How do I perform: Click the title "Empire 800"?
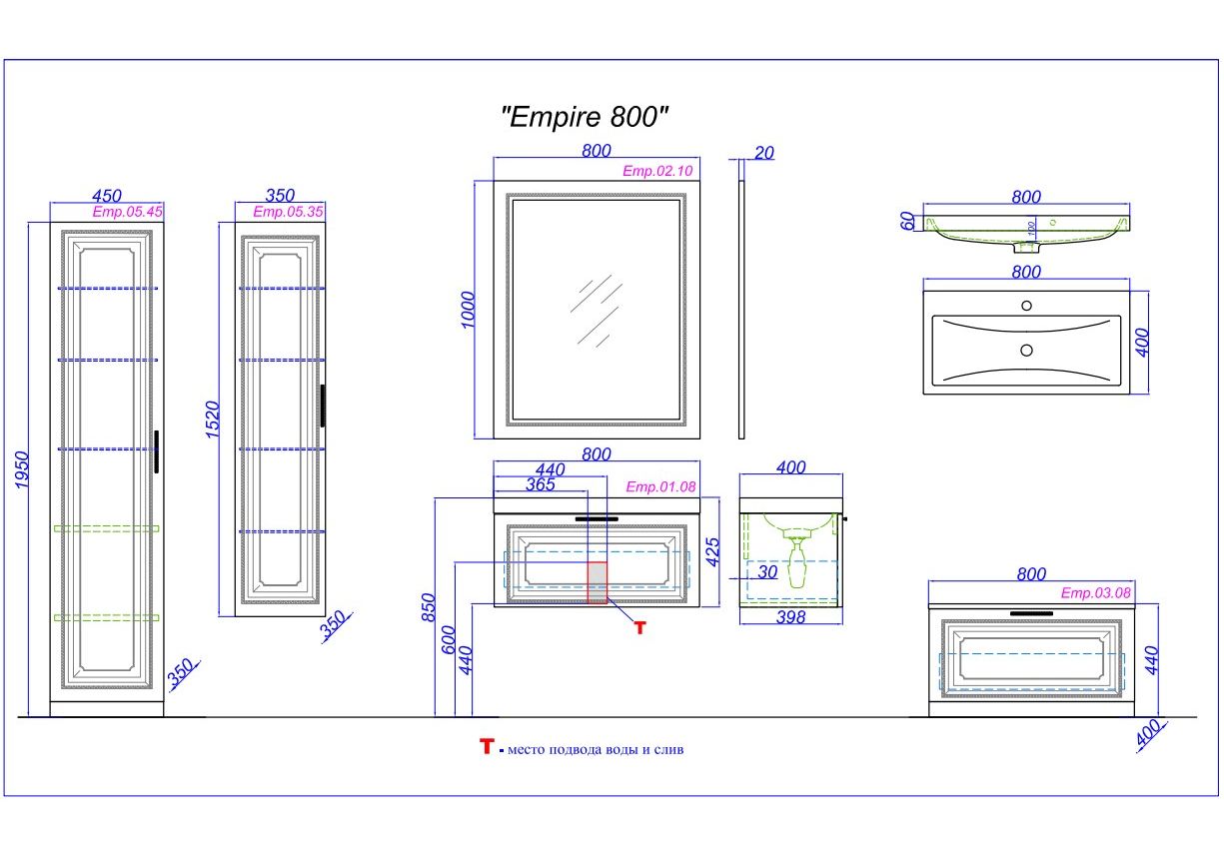[584, 117]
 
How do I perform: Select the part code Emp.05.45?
[127, 212]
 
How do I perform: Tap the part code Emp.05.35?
[288, 212]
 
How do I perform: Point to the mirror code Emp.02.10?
[657, 171]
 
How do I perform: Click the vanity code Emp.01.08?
[659, 486]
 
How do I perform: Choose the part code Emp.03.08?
[1095, 592]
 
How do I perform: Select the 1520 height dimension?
[212, 421]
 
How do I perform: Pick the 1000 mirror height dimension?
[469, 311]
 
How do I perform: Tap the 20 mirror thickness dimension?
[764, 153]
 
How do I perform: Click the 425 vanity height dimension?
[712, 550]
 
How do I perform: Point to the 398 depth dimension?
[790, 617]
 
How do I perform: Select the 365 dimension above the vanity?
[540, 484]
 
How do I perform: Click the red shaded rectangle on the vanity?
[597, 582]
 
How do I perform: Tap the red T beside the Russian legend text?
[487, 746]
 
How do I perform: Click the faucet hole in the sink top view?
[1025, 306]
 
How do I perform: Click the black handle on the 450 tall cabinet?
[157, 450]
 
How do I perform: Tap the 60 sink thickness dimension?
[907, 222]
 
